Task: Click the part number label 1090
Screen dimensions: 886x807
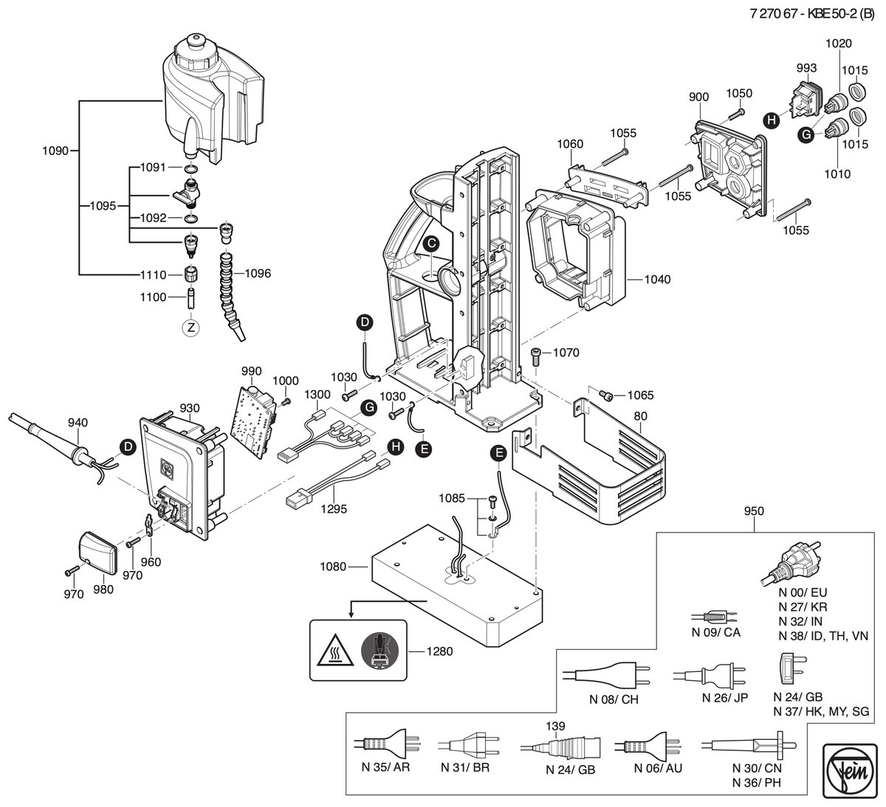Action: pos(55,151)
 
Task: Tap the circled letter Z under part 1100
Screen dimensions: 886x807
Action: pos(190,328)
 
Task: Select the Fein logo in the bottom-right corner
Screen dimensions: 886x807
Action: pos(851,771)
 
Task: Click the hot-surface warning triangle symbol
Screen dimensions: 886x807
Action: pos(335,651)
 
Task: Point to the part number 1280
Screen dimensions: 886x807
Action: pos(439,651)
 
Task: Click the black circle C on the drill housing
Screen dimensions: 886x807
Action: pos(431,243)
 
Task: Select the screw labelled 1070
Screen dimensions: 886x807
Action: pos(536,356)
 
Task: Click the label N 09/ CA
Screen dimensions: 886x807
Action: pos(715,632)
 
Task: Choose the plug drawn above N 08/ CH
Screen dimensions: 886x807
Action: pos(606,675)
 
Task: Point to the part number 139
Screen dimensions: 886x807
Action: pos(555,726)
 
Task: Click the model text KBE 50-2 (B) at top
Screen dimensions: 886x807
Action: pos(841,14)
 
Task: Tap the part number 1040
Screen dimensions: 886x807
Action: pos(657,279)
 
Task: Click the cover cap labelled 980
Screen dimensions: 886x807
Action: pos(98,553)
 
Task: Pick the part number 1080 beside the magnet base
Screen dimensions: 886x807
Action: pos(333,567)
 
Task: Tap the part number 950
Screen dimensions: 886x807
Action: pos(754,510)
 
